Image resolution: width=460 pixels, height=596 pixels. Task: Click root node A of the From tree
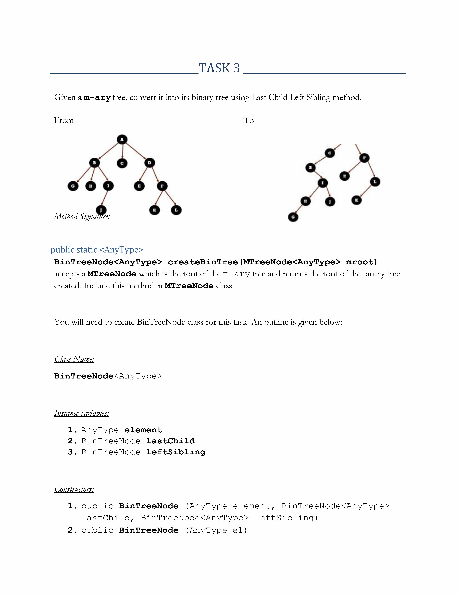click(x=122, y=139)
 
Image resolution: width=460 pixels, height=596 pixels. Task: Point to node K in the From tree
click(x=155, y=210)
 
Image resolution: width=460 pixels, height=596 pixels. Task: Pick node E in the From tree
click(x=139, y=186)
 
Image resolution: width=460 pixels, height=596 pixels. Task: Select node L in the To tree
click(x=375, y=182)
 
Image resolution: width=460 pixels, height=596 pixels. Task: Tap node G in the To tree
click(x=293, y=217)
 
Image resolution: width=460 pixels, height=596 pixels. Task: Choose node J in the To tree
click(x=330, y=202)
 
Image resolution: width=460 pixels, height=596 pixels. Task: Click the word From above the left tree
click(x=64, y=120)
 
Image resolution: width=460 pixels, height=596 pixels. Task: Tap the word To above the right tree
click(x=249, y=120)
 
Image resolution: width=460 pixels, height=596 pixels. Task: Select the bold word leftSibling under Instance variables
click(x=176, y=452)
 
